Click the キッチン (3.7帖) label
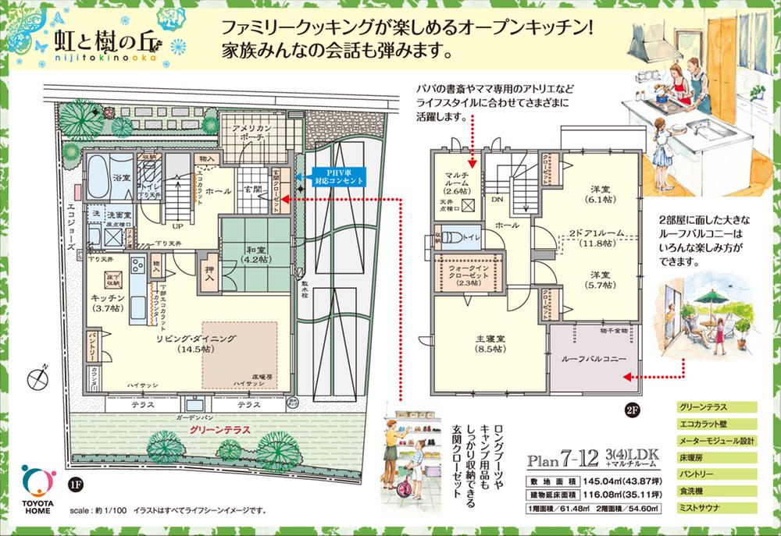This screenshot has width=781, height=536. coord(107,303)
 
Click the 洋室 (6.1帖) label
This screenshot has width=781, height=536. coord(599,194)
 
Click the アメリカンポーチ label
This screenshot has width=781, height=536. coord(250,130)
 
